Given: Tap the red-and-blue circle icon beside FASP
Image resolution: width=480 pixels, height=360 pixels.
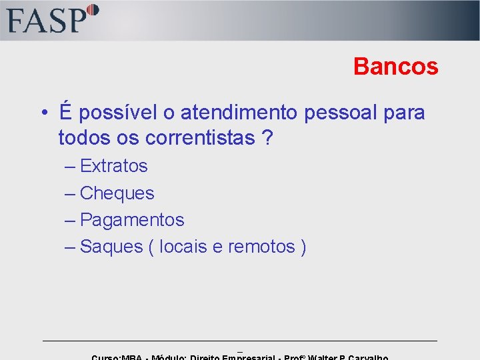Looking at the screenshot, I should point(93,10).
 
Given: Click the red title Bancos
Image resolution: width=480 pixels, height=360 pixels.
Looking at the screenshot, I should point(395,66).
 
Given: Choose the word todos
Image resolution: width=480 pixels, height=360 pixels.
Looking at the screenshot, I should point(82,138).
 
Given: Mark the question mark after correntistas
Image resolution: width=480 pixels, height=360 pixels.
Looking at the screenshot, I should point(267,138).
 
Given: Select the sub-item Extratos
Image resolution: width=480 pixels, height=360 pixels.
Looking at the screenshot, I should point(113,166).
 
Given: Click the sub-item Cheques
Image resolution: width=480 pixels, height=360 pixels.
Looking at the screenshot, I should point(117,193).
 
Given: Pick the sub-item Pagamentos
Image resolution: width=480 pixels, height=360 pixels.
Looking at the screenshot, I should point(132,220).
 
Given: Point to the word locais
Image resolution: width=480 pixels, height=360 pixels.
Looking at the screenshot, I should point(183,247).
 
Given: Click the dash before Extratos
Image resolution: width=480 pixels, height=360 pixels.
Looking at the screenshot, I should point(70,166).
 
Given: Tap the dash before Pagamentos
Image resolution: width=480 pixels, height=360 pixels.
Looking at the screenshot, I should point(70,220).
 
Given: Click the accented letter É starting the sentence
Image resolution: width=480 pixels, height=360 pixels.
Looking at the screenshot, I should point(65,111).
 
